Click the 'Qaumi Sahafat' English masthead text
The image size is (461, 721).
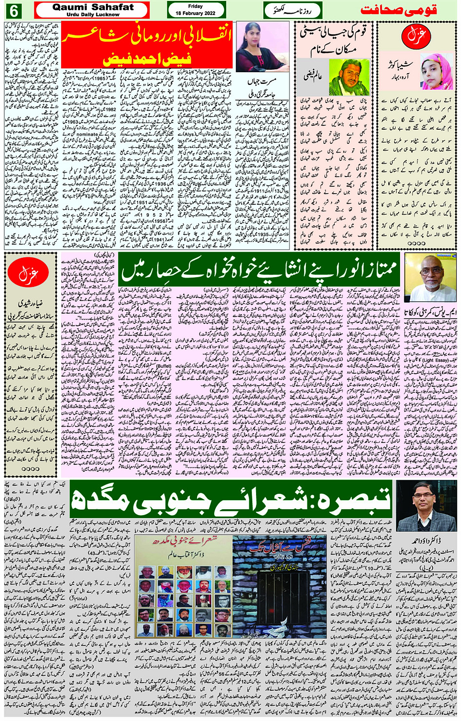point(93,7)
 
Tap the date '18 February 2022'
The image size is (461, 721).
point(196,13)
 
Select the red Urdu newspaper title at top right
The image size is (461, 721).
point(398,10)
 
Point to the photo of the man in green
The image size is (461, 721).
point(349,77)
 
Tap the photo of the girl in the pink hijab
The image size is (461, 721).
point(437,71)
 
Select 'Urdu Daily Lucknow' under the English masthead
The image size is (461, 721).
point(93,15)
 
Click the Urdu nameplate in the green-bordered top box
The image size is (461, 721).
point(292,10)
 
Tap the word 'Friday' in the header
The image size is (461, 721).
point(196,6)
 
